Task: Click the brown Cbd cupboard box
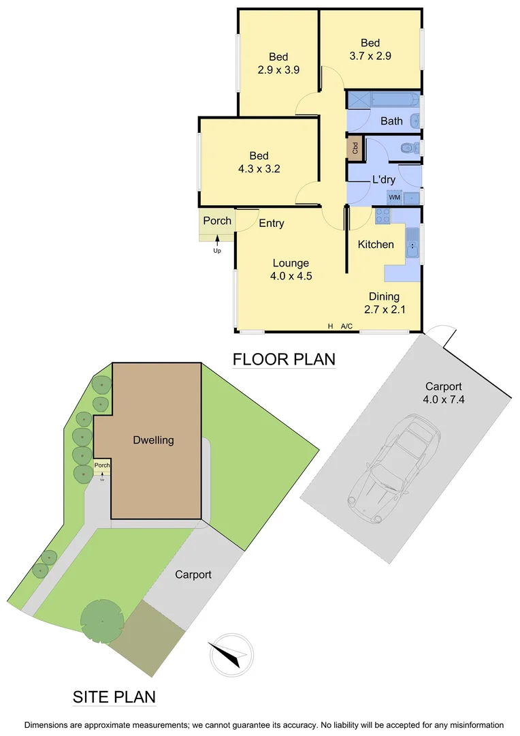355,148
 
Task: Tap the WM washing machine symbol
394,198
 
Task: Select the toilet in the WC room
408,147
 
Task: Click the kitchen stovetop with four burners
383,216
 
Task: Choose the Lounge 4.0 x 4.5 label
291,269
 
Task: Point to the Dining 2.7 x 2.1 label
384,303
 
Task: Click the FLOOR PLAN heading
284,358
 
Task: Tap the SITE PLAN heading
114,697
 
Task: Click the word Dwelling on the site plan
153,440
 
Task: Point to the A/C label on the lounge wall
346,326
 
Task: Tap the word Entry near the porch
272,224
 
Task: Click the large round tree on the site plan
103,620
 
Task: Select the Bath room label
391,121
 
